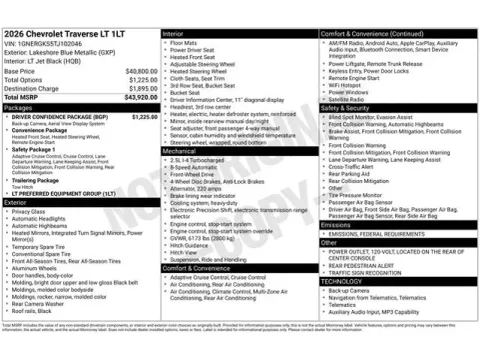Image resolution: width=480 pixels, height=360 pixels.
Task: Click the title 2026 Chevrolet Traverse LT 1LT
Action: (68, 34)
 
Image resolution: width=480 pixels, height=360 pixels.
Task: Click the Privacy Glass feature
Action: (30, 212)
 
